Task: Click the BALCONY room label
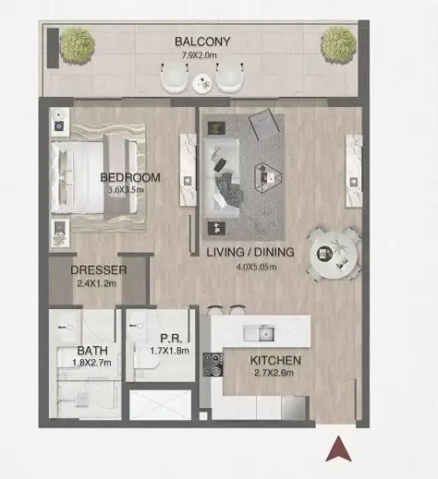pyautogui.click(x=202, y=42)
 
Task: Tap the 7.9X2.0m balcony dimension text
pyautogui.click(x=199, y=55)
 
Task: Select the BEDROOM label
pyautogui.click(x=130, y=177)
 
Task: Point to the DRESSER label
pyautogui.click(x=99, y=269)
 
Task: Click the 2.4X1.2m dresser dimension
pyautogui.click(x=97, y=283)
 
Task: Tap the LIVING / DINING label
pyautogui.click(x=250, y=252)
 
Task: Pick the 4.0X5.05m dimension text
pyautogui.click(x=256, y=267)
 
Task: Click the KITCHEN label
pyautogui.click(x=275, y=360)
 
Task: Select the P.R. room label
pyautogui.click(x=171, y=339)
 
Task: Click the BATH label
pyautogui.click(x=92, y=351)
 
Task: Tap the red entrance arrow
pyautogui.click(x=338, y=449)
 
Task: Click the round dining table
pyautogui.click(x=334, y=255)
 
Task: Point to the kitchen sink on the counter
pyautogui.click(x=259, y=333)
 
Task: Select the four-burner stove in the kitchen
pyautogui.click(x=213, y=365)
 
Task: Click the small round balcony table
pyautogui.click(x=202, y=83)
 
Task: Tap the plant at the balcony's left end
pyautogui.click(x=77, y=45)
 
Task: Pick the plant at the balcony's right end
pyautogui.click(x=338, y=45)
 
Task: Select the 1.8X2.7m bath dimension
pyautogui.click(x=91, y=363)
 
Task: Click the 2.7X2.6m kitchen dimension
pyautogui.click(x=274, y=373)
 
